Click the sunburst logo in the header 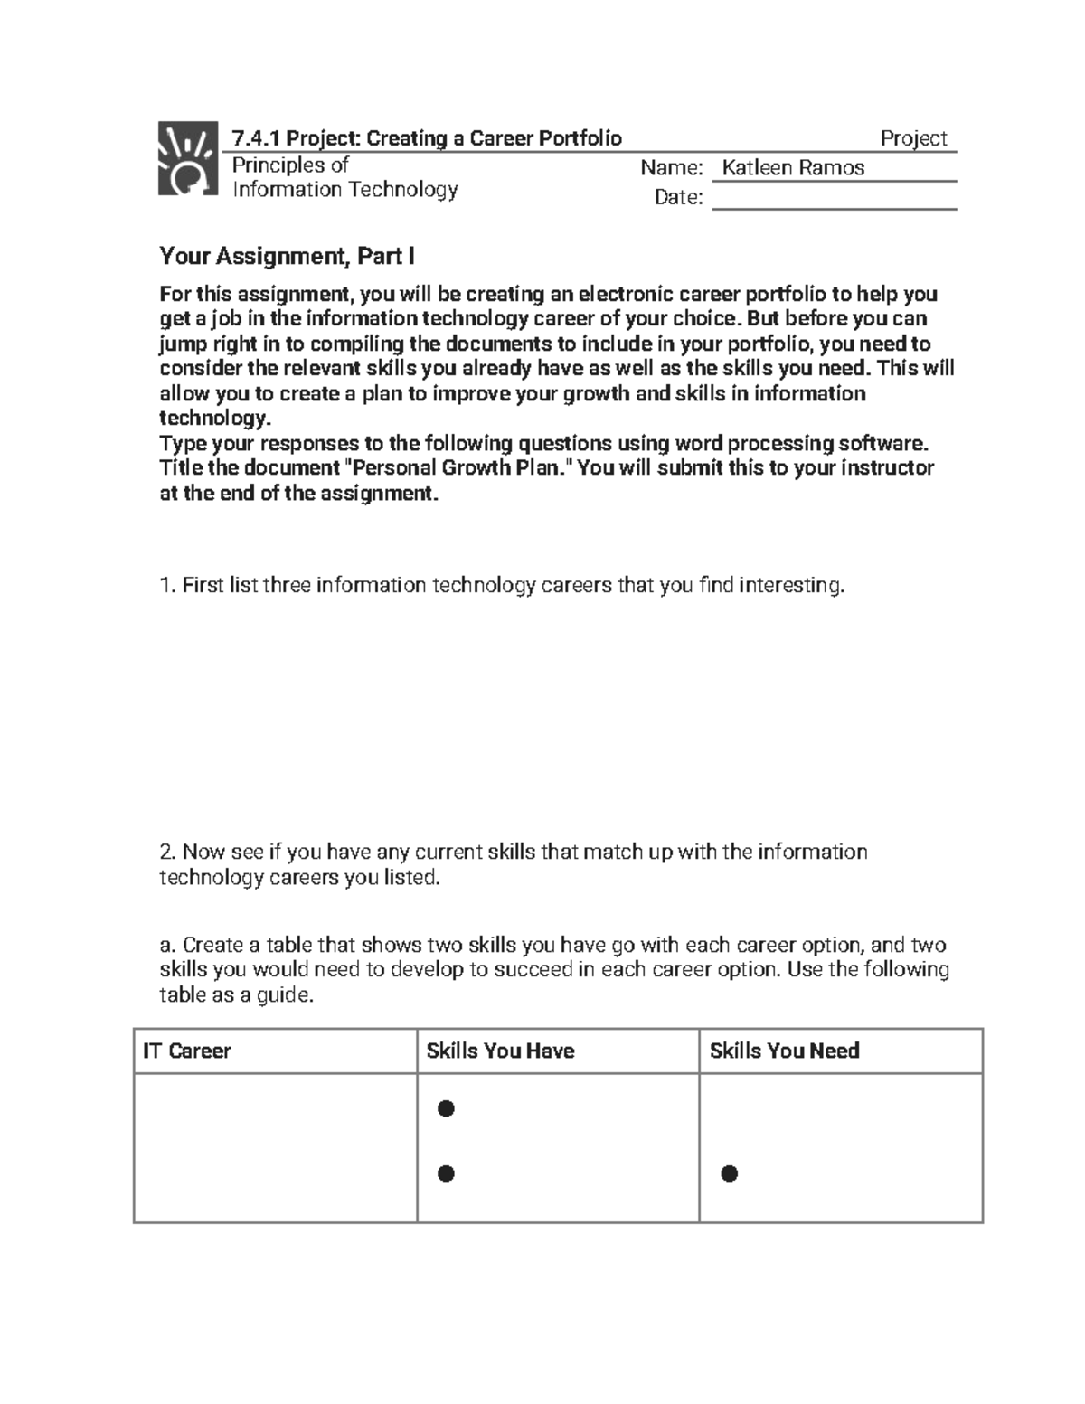pyautogui.click(x=188, y=158)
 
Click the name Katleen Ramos pyautogui.click(x=793, y=168)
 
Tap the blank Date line pyautogui.click(x=834, y=198)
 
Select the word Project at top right pyautogui.click(x=913, y=138)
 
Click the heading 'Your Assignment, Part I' pyautogui.click(x=287, y=257)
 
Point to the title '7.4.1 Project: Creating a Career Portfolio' pyautogui.click(x=427, y=138)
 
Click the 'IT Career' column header pyautogui.click(x=187, y=1051)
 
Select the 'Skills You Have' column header pyautogui.click(x=500, y=1051)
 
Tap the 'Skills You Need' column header pyautogui.click(x=784, y=1051)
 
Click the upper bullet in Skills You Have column pyautogui.click(x=446, y=1108)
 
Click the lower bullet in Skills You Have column pyautogui.click(x=446, y=1173)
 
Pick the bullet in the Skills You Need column pyautogui.click(x=730, y=1173)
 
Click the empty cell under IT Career pyautogui.click(x=275, y=1148)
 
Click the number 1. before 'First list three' pyautogui.click(x=167, y=586)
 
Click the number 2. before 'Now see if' pyautogui.click(x=167, y=853)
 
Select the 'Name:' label pyautogui.click(x=671, y=168)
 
